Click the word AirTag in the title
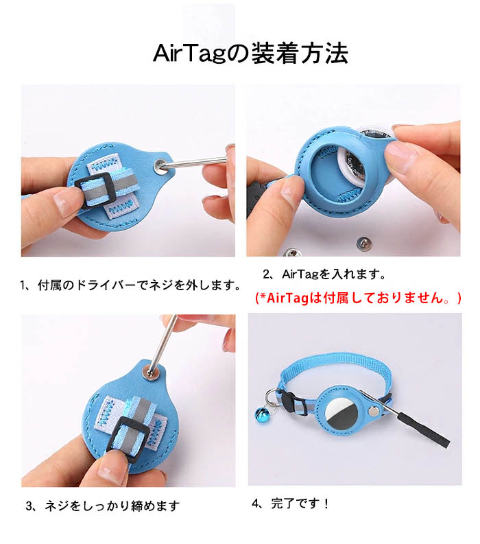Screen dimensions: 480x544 point(190,54)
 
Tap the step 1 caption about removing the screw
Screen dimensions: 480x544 point(130,285)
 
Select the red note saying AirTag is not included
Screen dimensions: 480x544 point(358,298)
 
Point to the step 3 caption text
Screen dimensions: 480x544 point(103,506)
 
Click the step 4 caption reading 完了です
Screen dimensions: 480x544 point(290,503)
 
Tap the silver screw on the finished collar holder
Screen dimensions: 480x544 point(374,412)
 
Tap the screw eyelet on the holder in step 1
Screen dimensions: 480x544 point(160,165)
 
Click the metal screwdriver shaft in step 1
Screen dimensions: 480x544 point(195,162)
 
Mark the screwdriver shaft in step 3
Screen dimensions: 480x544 point(162,344)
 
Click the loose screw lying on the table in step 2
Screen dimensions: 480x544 point(363,241)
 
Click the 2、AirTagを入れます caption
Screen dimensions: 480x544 point(324,274)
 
